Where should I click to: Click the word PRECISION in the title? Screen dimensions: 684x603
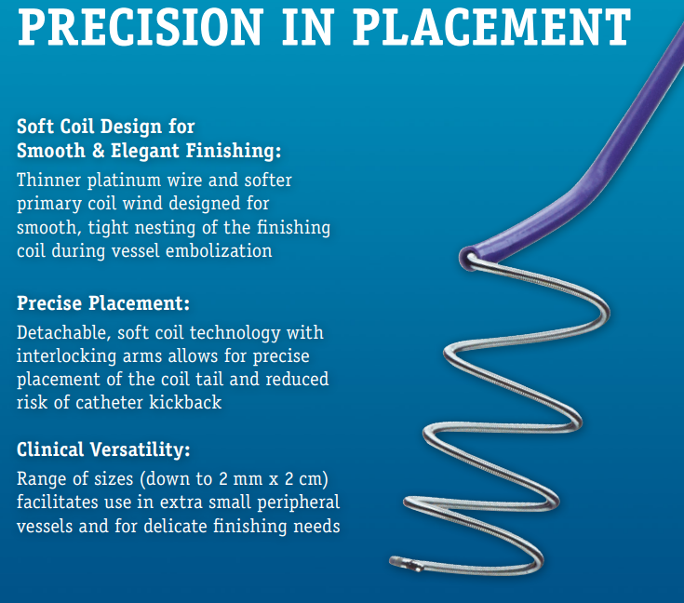[x=141, y=26]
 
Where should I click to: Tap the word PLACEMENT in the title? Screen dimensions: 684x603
[x=491, y=26]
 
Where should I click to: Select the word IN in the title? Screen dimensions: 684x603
[x=308, y=26]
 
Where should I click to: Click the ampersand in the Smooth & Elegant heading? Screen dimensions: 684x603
[x=98, y=151]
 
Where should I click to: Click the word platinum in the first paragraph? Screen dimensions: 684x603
[x=124, y=181]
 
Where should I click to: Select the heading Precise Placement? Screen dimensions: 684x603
[x=103, y=302]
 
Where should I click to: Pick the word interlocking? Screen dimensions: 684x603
[x=67, y=356]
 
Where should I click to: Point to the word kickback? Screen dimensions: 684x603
[x=185, y=402]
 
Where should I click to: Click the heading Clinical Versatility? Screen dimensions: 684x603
[x=103, y=449]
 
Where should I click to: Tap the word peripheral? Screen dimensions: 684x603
[x=299, y=502]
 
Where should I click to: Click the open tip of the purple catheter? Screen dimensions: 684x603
[x=467, y=259]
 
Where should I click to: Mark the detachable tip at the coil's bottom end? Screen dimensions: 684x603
[x=405, y=563]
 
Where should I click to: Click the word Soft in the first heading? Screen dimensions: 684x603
[x=35, y=127]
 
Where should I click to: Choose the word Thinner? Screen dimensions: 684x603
[x=48, y=181]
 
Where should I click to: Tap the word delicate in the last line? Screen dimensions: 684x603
[x=175, y=526]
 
